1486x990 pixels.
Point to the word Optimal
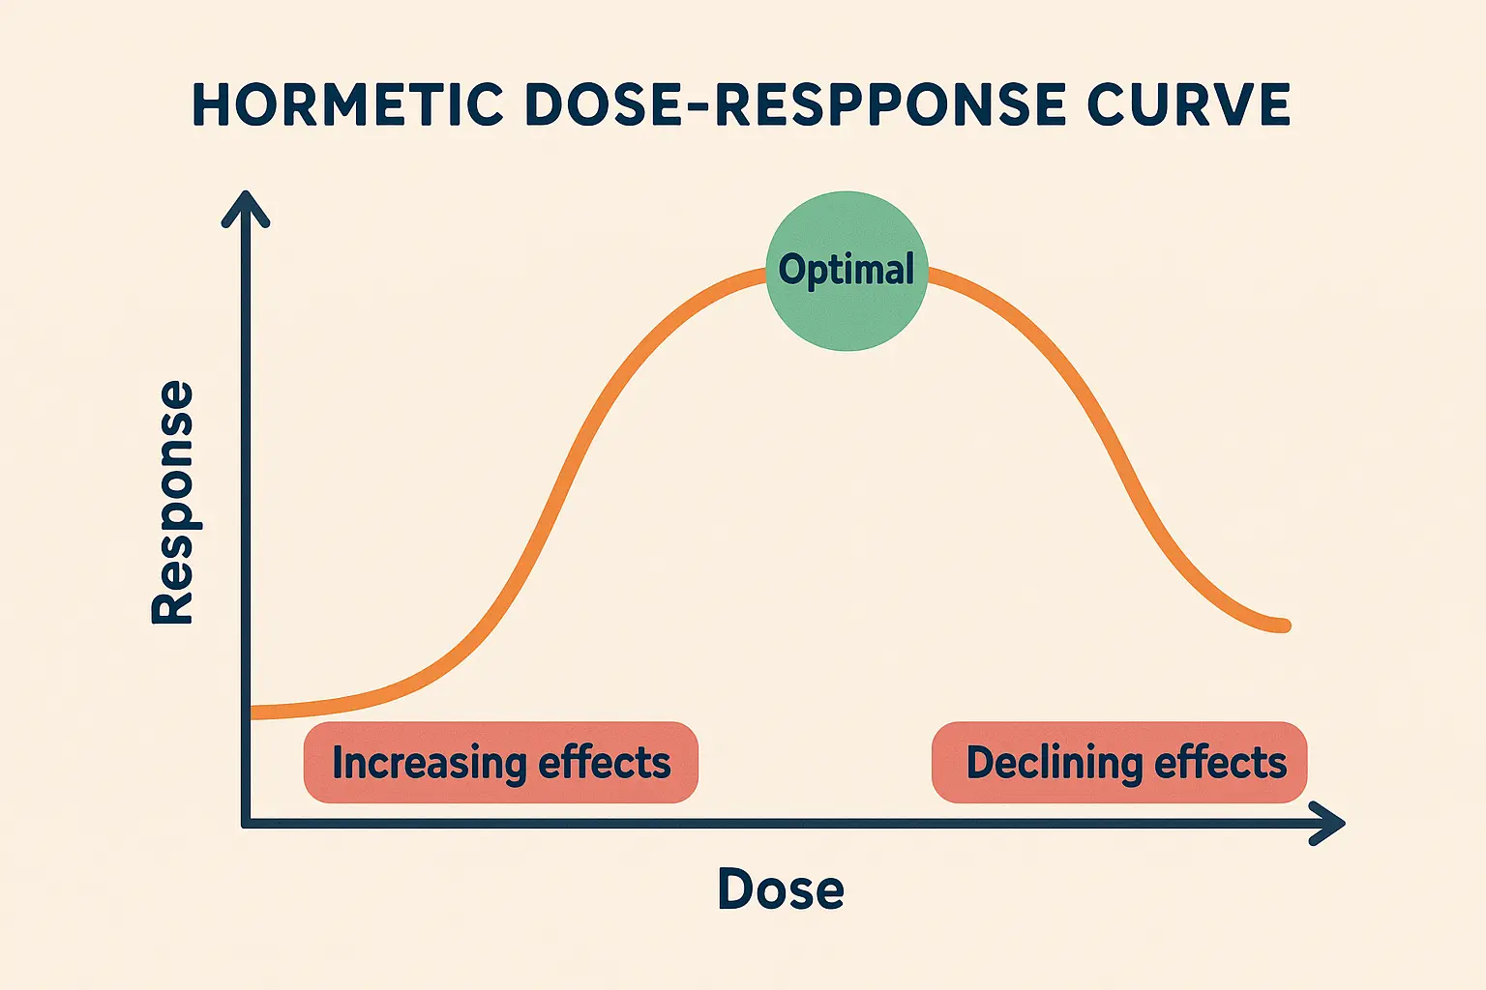[847, 270]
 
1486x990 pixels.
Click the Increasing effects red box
[500, 763]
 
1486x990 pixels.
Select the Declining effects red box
[1119, 763]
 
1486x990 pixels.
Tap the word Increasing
[429, 763]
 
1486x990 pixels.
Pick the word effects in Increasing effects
[605, 763]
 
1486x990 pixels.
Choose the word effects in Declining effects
[1221, 763]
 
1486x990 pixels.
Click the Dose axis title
[781, 888]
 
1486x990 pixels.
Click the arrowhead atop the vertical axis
[246, 205]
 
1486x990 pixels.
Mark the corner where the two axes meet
[247, 824]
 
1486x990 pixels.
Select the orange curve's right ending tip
[1284, 626]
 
